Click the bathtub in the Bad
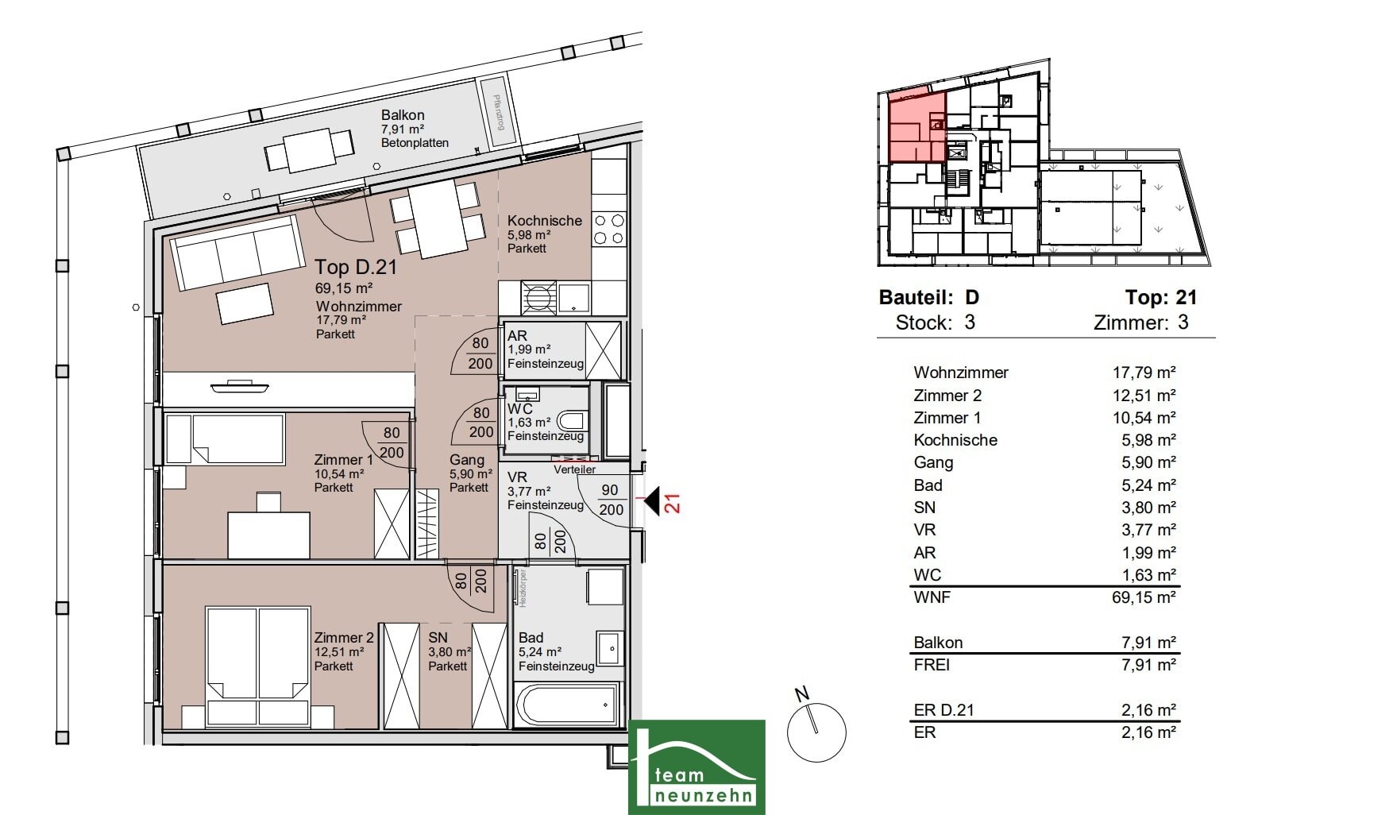point(567,705)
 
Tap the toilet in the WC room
point(573,420)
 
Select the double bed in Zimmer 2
point(257,666)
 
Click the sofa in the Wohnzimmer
point(237,253)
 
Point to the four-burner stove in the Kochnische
point(609,229)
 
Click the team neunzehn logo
point(696,767)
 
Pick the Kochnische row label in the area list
point(955,440)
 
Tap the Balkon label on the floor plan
point(403,115)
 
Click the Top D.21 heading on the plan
point(356,267)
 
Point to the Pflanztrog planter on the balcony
point(498,112)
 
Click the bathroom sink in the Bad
point(610,648)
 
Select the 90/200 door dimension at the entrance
point(610,500)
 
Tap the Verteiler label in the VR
point(574,469)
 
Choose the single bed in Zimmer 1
point(225,438)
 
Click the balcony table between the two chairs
point(309,150)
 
